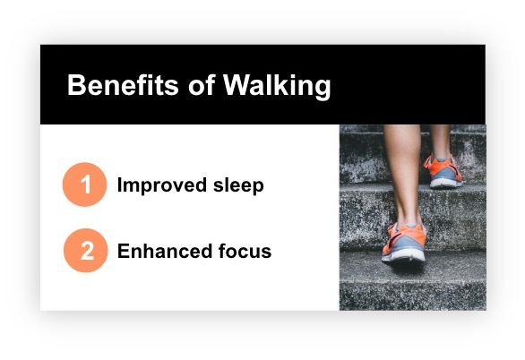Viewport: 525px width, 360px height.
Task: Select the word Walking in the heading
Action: point(277,87)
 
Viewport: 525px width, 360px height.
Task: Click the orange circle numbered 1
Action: point(85,185)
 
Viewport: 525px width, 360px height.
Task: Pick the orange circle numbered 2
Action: point(85,251)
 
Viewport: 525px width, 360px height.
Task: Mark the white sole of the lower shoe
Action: point(403,259)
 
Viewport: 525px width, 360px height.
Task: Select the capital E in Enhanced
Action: point(124,252)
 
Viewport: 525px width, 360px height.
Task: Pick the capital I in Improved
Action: point(120,186)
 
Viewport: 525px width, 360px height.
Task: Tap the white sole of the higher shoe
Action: point(446,184)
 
